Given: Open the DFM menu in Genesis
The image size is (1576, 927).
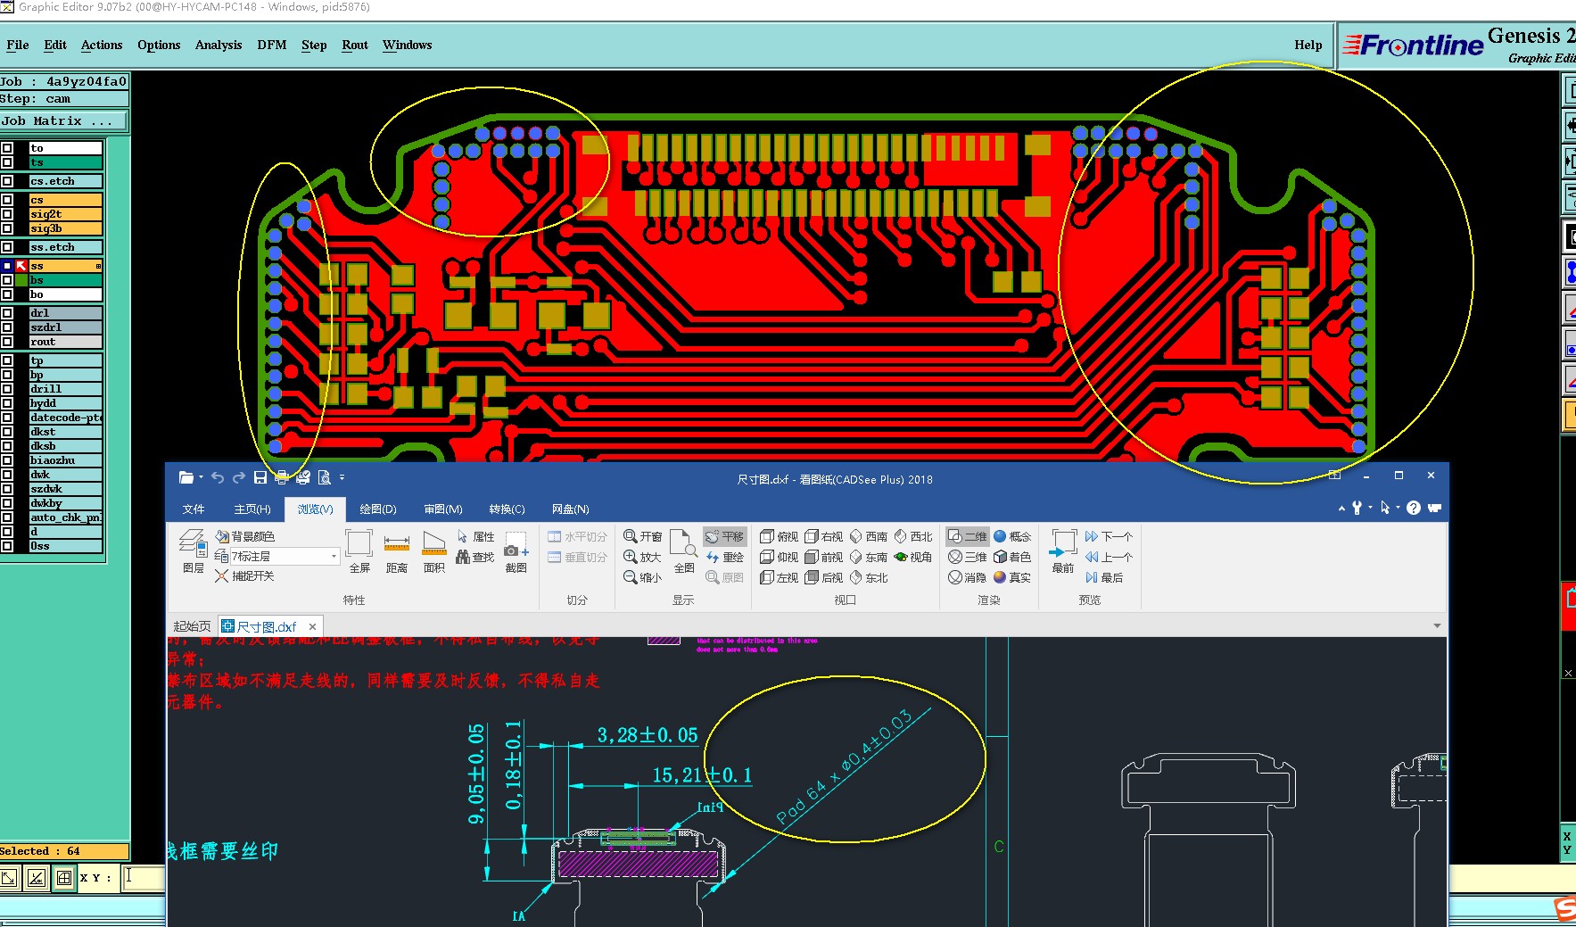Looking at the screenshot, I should tap(271, 45).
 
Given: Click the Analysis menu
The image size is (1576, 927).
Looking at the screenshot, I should tap(219, 45).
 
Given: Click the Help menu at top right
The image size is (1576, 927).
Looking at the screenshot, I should tap(1308, 45).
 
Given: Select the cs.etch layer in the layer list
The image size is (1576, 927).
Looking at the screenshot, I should tap(65, 181).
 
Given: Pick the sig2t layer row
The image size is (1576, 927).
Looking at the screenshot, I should tap(65, 214).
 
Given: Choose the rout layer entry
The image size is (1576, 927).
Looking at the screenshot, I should tap(65, 342).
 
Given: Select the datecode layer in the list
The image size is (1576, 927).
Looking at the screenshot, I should tap(65, 418).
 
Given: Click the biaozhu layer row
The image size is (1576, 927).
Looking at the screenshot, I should tap(65, 460).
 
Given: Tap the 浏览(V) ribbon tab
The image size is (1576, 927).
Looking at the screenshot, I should tap(315, 509).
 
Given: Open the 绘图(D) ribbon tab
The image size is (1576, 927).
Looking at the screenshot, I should tap(378, 509).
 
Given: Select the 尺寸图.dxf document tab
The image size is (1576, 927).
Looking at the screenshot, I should tap(267, 626).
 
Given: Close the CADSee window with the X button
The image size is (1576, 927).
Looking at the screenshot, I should tap(1431, 476).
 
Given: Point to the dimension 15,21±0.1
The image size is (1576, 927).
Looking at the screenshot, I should tap(702, 775).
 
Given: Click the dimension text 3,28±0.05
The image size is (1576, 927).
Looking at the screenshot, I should tap(648, 735).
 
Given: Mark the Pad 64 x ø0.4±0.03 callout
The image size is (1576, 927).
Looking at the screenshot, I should tap(844, 766).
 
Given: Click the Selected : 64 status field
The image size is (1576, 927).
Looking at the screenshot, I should tap(64, 851).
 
